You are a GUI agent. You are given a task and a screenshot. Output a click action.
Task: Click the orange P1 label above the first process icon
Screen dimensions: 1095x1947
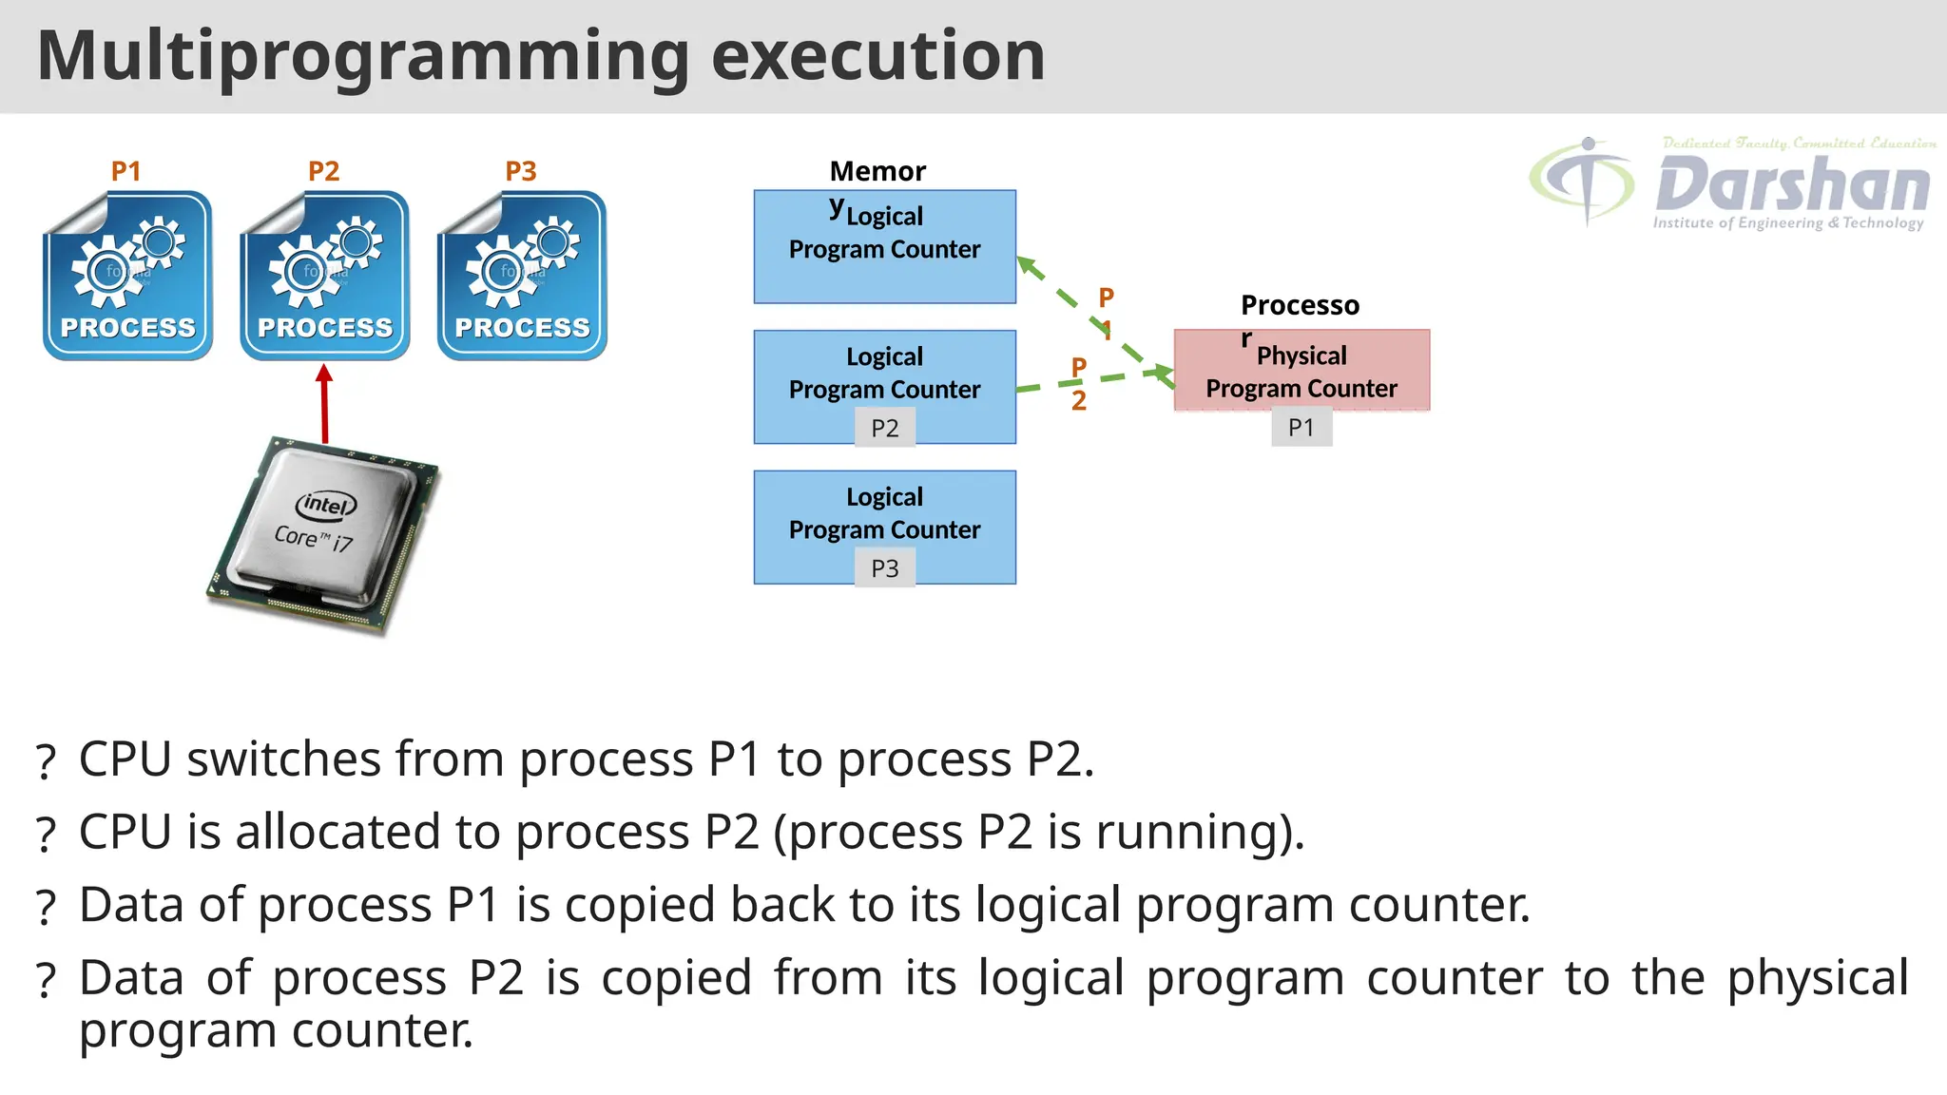(x=125, y=171)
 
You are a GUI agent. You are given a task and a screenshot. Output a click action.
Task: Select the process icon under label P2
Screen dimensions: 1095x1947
(x=325, y=276)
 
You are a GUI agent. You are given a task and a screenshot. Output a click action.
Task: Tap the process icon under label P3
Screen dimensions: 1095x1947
(x=522, y=276)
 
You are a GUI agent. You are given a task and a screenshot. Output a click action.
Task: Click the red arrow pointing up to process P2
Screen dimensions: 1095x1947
(x=324, y=404)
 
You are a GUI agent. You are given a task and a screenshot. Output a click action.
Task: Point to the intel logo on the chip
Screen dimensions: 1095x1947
(x=326, y=505)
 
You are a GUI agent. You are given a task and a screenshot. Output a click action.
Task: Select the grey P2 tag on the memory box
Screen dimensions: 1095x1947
(x=884, y=429)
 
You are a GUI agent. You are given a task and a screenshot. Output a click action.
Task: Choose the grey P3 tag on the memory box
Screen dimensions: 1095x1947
(x=884, y=568)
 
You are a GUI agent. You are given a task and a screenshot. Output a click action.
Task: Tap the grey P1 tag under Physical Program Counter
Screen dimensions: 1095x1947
(x=1301, y=428)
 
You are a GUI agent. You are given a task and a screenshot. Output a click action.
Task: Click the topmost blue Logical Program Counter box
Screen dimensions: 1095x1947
(x=884, y=247)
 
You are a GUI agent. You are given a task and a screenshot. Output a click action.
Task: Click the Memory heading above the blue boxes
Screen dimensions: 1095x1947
(x=877, y=171)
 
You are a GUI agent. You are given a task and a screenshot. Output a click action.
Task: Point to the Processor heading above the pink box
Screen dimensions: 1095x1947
(x=1299, y=305)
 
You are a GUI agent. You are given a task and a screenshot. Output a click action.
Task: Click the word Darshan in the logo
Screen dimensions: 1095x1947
(x=1792, y=185)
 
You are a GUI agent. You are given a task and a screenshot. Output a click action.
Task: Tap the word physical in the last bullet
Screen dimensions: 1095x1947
(x=1817, y=978)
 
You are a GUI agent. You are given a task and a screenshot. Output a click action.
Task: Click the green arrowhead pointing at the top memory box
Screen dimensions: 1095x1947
(x=1028, y=264)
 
